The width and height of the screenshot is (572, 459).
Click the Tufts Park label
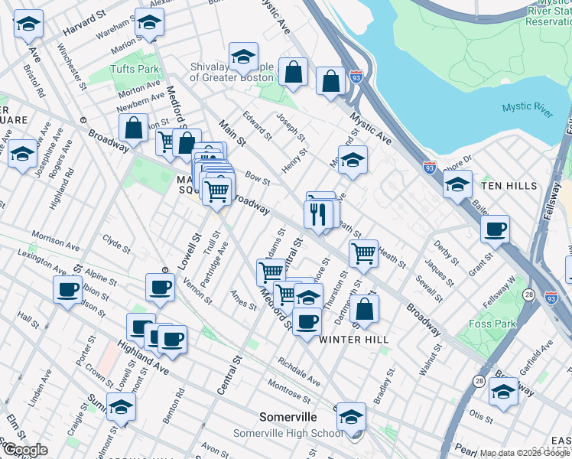(x=138, y=70)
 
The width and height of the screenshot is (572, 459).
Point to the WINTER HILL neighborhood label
(x=354, y=339)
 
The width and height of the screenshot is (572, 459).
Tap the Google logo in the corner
(x=25, y=450)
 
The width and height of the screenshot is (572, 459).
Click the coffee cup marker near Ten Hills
(x=495, y=229)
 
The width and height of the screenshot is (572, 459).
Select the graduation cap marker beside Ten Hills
(x=457, y=184)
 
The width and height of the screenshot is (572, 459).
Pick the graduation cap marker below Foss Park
(x=502, y=392)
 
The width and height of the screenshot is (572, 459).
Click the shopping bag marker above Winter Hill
(x=366, y=308)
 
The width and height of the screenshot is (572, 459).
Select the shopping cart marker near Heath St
(x=362, y=252)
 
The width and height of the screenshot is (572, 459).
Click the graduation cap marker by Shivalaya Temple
(x=243, y=57)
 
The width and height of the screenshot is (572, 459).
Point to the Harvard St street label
(x=83, y=23)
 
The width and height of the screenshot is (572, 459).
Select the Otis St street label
(x=481, y=416)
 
